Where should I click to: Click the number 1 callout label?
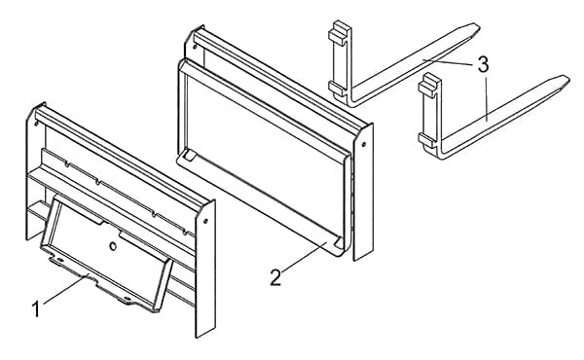pyautogui.click(x=36, y=309)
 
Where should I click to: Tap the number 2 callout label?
pyautogui.click(x=275, y=277)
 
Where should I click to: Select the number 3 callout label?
pyautogui.click(x=483, y=64)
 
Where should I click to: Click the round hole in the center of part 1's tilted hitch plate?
pyautogui.click(x=113, y=246)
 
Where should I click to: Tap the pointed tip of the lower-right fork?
pyautogui.click(x=567, y=79)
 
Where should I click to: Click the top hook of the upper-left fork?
pyautogui.click(x=339, y=33)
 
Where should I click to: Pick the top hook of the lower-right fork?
pyautogui.click(x=429, y=86)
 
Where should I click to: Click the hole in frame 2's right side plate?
pyautogui.click(x=363, y=144)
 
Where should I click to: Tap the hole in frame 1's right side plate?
pyautogui.click(x=205, y=222)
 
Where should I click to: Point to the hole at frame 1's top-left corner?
pyautogui.click(x=36, y=123)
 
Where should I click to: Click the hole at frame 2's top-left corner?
pyautogui.click(x=195, y=47)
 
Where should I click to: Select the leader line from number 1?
pyautogui.click(x=65, y=290)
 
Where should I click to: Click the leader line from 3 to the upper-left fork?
pyautogui.click(x=450, y=62)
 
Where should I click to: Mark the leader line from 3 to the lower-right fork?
pyautogui.click(x=486, y=96)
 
